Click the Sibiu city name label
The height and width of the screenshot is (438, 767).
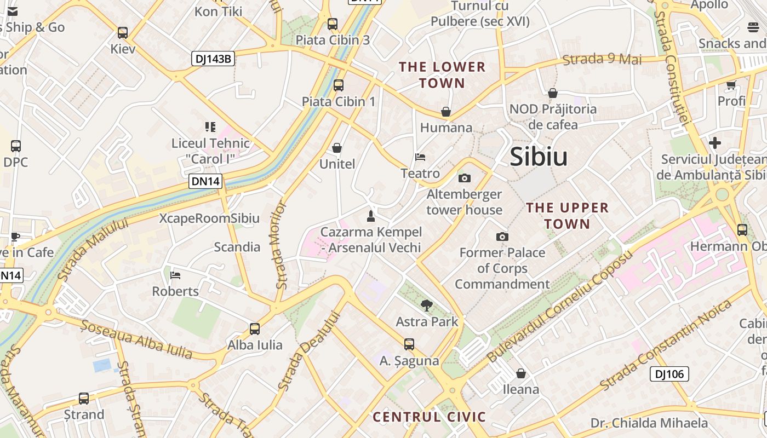(x=539, y=157)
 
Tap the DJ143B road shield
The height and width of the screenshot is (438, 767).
(x=213, y=59)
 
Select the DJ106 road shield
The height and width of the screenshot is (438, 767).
(x=669, y=374)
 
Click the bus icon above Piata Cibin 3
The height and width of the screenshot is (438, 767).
(x=333, y=24)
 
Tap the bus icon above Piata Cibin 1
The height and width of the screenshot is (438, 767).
(x=339, y=85)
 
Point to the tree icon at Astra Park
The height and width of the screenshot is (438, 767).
(x=426, y=306)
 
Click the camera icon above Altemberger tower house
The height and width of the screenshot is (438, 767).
(x=464, y=178)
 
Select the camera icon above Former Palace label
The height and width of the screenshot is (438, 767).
(x=502, y=237)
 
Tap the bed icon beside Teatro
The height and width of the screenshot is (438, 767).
(x=420, y=157)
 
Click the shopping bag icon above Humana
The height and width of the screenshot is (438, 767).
(x=446, y=112)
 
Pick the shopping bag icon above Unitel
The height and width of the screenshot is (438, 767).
(x=337, y=148)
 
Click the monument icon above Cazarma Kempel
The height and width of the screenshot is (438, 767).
(x=371, y=216)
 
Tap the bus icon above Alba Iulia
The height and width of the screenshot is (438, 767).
(x=255, y=328)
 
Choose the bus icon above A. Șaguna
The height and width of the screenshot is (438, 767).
(x=409, y=344)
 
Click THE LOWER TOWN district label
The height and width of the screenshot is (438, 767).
(x=442, y=75)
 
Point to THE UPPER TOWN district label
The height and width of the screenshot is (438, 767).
(x=567, y=216)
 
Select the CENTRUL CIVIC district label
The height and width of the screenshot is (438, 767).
(x=430, y=417)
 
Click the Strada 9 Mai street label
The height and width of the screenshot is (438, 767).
(x=602, y=59)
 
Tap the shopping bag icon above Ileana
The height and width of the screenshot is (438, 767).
(x=521, y=373)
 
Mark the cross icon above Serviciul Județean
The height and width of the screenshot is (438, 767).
(x=715, y=143)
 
